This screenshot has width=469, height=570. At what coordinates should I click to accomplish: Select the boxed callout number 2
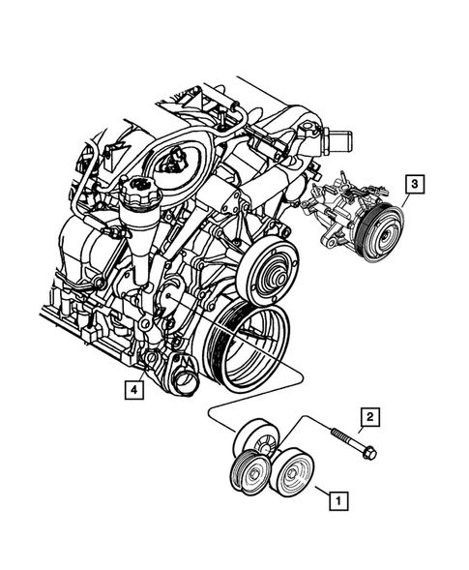[x=368, y=418]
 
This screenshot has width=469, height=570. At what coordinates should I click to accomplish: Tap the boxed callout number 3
[x=413, y=183]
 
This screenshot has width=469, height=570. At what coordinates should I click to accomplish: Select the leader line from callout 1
[x=319, y=494]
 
